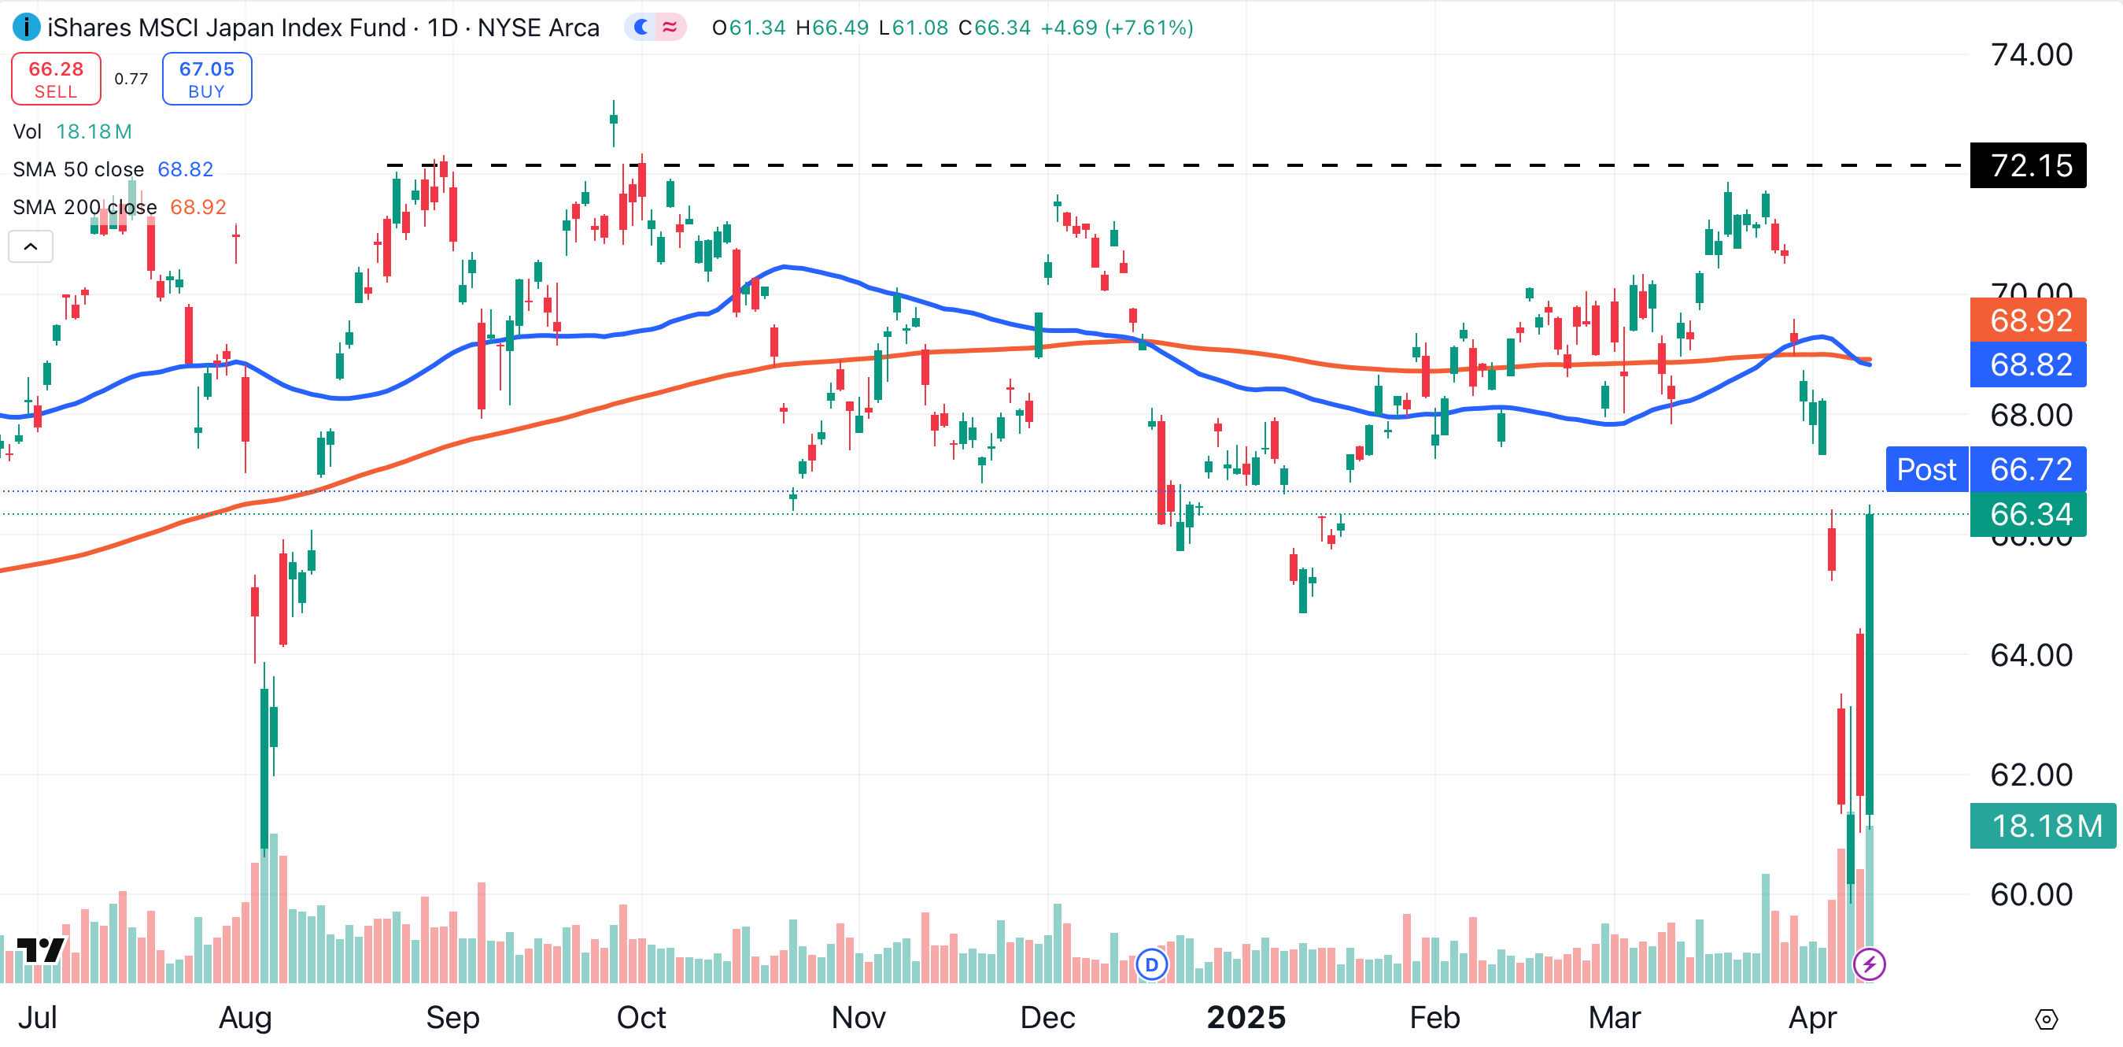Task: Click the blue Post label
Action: point(1926,469)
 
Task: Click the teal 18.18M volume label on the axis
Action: point(2042,825)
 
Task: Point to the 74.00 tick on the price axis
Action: point(2031,54)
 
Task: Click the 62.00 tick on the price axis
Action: point(2031,775)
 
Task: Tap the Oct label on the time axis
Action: point(641,1017)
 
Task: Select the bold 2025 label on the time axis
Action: point(1246,1017)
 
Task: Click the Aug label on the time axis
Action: point(245,1017)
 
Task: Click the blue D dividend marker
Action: point(1151,964)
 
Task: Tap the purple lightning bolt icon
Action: point(1869,963)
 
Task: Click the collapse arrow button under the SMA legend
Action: point(31,246)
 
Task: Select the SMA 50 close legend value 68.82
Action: point(186,169)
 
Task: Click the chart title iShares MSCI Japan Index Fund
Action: point(227,28)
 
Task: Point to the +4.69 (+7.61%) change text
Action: point(1117,28)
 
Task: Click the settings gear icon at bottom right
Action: point(2046,1019)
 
